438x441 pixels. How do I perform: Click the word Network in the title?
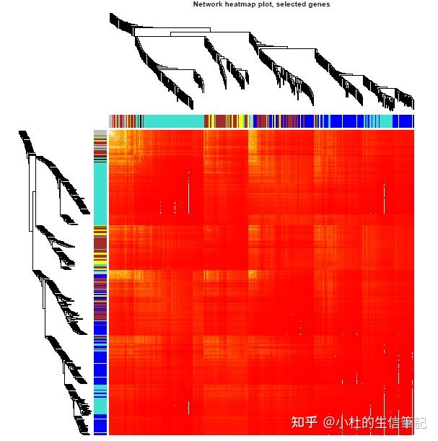click(x=206, y=4)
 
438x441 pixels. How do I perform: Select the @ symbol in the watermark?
click(x=329, y=421)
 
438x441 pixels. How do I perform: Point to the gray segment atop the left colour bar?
click(x=100, y=133)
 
